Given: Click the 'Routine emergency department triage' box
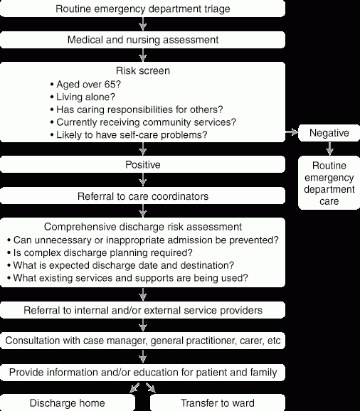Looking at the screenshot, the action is pyautogui.click(x=142, y=9).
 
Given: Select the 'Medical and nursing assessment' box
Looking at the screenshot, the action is pyautogui.click(x=142, y=40).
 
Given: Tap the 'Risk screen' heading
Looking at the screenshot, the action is pyautogui.click(x=143, y=70).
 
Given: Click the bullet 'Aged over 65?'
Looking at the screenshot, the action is pyautogui.click(x=85, y=85).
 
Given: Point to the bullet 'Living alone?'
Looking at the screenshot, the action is pyautogui.click(x=83, y=97).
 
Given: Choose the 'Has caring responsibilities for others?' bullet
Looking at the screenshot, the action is pyautogui.click(x=137, y=110).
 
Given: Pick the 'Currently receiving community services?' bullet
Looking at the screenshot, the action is pyautogui.click(x=143, y=122).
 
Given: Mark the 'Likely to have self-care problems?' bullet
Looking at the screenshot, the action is pyautogui.click(x=129, y=134).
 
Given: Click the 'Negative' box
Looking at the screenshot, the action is pyautogui.click(x=329, y=133).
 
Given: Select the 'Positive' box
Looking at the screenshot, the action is pyautogui.click(x=142, y=164).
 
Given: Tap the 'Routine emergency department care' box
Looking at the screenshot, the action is pyautogui.click(x=329, y=183).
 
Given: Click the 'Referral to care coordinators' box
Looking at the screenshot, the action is pyautogui.click(x=142, y=196).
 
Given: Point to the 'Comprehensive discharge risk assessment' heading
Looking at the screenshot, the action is pyautogui.click(x=143, y=227).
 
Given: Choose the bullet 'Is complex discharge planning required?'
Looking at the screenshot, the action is pyautogui.click(x=100, y=252).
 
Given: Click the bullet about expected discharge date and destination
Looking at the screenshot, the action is pyautogui.click(x=121, y=265).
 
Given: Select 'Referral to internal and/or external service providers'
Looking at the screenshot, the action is pyautogui.click(x=142, y=310).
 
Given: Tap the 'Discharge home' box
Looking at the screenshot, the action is pyautogui.click(x=68, y=402).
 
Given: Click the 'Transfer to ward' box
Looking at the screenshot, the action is pyautogui.click(x=218, y=402).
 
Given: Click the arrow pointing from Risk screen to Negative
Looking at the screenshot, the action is pyautogui.click(x=292, y=132).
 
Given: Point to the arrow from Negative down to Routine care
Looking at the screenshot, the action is pyautogui.click(x=329, y=149).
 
